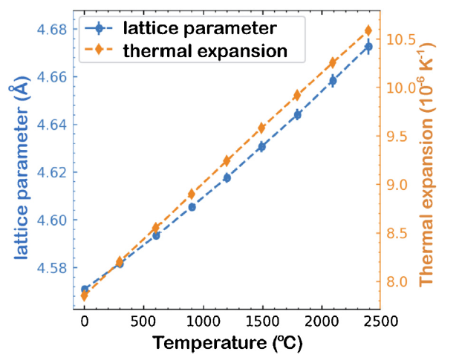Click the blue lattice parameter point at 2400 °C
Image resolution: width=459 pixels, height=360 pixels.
pyautogui.click(x=368, y=46)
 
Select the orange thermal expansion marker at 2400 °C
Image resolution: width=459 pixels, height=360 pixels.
pyautogui.click(x=368, y=30)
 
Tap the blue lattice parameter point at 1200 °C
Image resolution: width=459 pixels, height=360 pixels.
pyautogui.click(x=227, y=178)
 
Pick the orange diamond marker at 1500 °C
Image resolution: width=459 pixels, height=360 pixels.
pyautogui.click(x=261, y=128)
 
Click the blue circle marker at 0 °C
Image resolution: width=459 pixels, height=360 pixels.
pyautogui.click(x=85, y=289)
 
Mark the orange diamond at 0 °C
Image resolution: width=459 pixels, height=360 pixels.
pyautogui.click(x=85, y=295)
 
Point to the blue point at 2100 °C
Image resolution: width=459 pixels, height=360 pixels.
pyautogui.click(x=333, y=80)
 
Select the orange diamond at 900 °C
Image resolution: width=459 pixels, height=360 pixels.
pyautogui.click(x=192, y=194)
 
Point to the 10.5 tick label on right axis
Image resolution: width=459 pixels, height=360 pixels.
pyautogui.click(x=401, y=39)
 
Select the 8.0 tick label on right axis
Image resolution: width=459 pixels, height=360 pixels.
pyautogui.click(x=401, y=282)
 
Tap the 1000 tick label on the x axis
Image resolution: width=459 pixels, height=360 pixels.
pyautogui.click(x=203, y=324)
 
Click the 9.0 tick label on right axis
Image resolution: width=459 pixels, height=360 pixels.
pyautogui.click(x=401, y=185)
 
